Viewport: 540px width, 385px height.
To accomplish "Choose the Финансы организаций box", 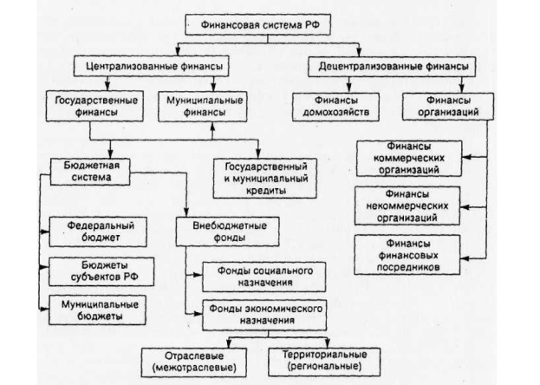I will pos(442,107).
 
